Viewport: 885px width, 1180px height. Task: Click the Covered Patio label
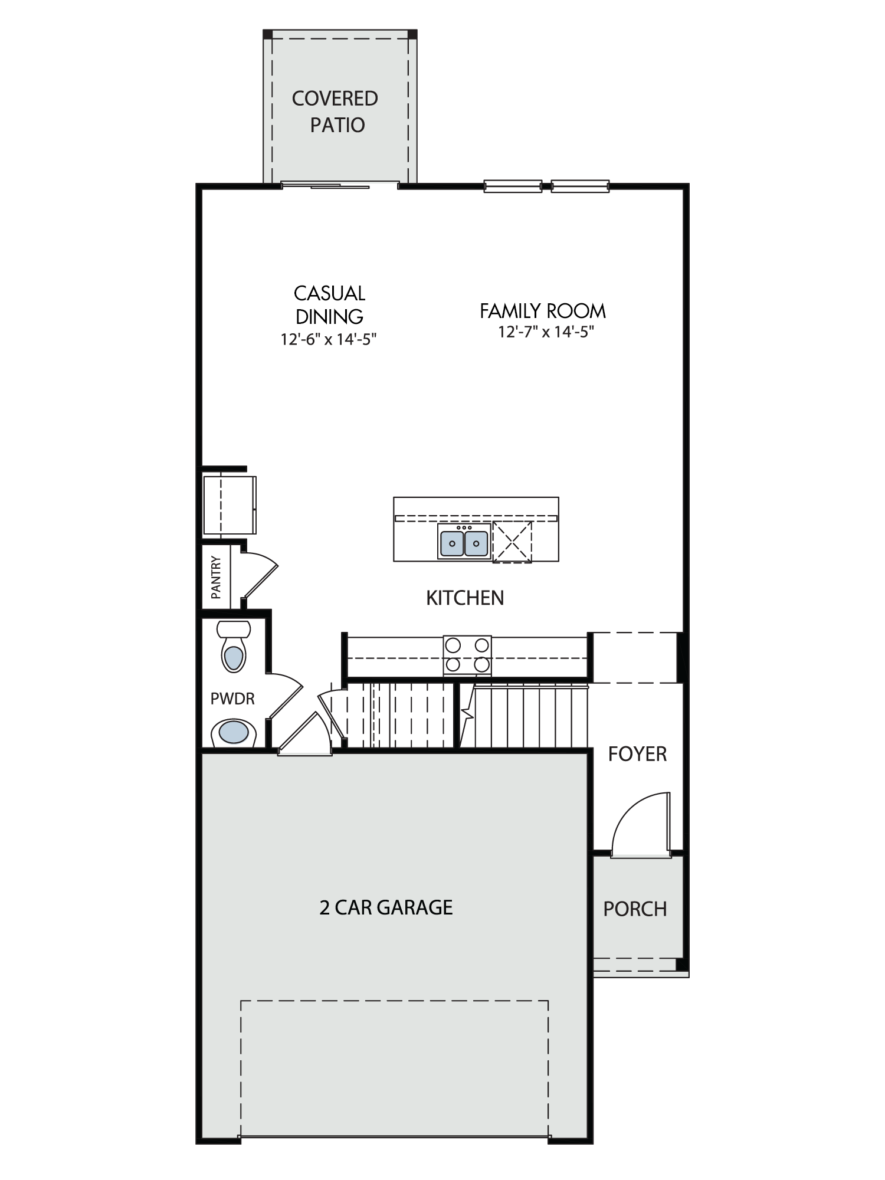click(335, 112)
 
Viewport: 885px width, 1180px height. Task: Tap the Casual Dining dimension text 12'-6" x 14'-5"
click(329, 339)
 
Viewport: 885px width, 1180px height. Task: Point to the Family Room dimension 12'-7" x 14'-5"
click(546, 332)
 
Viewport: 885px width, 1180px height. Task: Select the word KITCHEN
click(465, 598)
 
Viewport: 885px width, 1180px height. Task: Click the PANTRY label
click(216, 577)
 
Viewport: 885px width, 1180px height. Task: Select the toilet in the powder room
click(234, 646)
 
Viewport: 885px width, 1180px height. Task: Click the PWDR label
click(232, 699)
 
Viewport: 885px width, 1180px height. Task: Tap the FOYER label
click(637, 754)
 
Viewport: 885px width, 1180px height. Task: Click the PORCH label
click(635, 909)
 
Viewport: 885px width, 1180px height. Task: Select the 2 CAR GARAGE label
click(386, 907)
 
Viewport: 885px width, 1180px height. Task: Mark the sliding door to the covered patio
click(339, 185)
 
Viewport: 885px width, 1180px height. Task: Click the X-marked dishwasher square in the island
click(512, 542)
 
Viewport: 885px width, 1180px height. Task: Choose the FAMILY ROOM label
click(543, 311)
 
